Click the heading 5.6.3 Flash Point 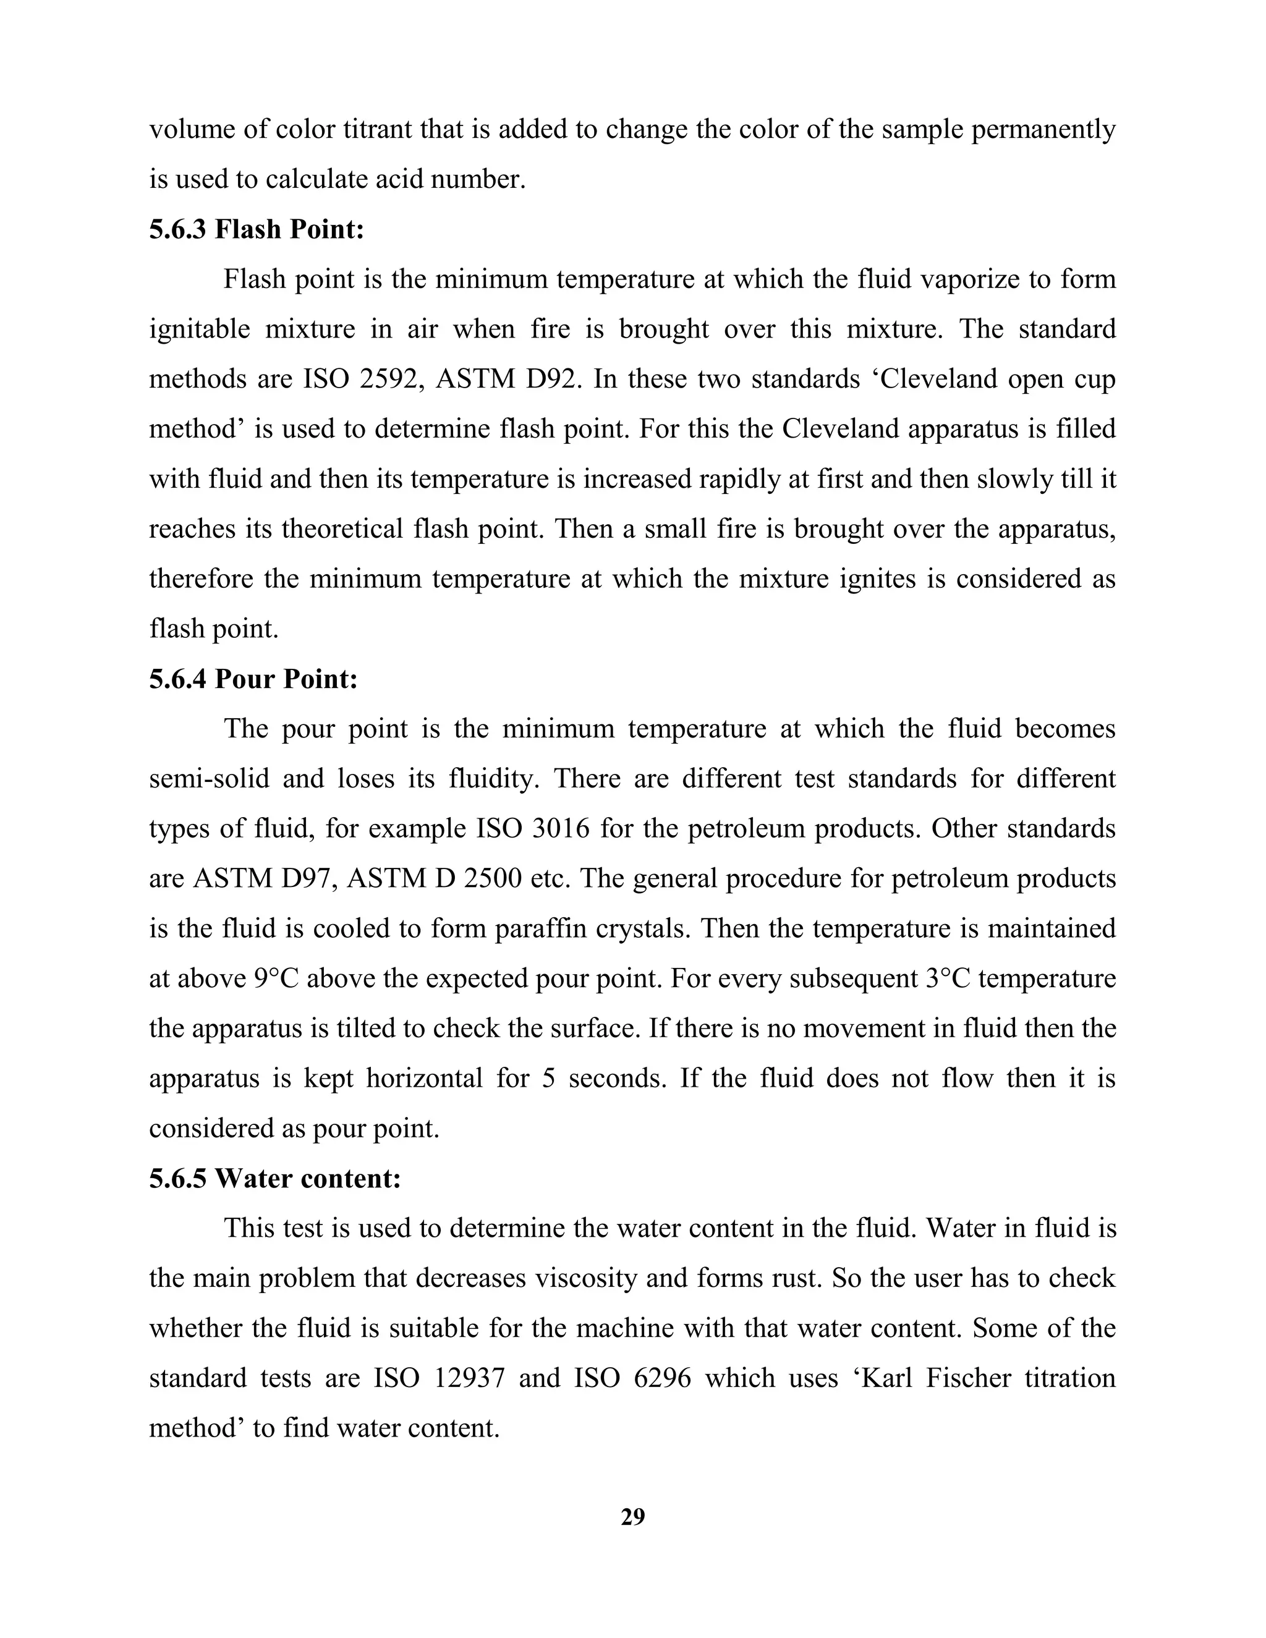click(257, 229)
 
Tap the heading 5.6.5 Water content click(274, 1179)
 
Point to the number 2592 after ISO click(388, 380)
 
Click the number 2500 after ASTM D click(492, 879)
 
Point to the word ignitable click(200, 330)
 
